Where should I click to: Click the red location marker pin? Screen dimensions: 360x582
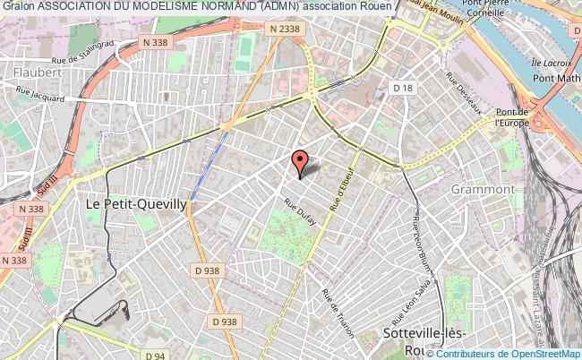(300, 161)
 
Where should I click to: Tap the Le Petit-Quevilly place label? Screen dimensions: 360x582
(135, 204)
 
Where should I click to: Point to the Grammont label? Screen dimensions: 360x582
(483, 189)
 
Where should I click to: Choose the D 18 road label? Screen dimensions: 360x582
(405, 87)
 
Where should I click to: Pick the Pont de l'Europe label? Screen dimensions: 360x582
(513, 116)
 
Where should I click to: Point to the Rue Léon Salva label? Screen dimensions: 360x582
(422, 293)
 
